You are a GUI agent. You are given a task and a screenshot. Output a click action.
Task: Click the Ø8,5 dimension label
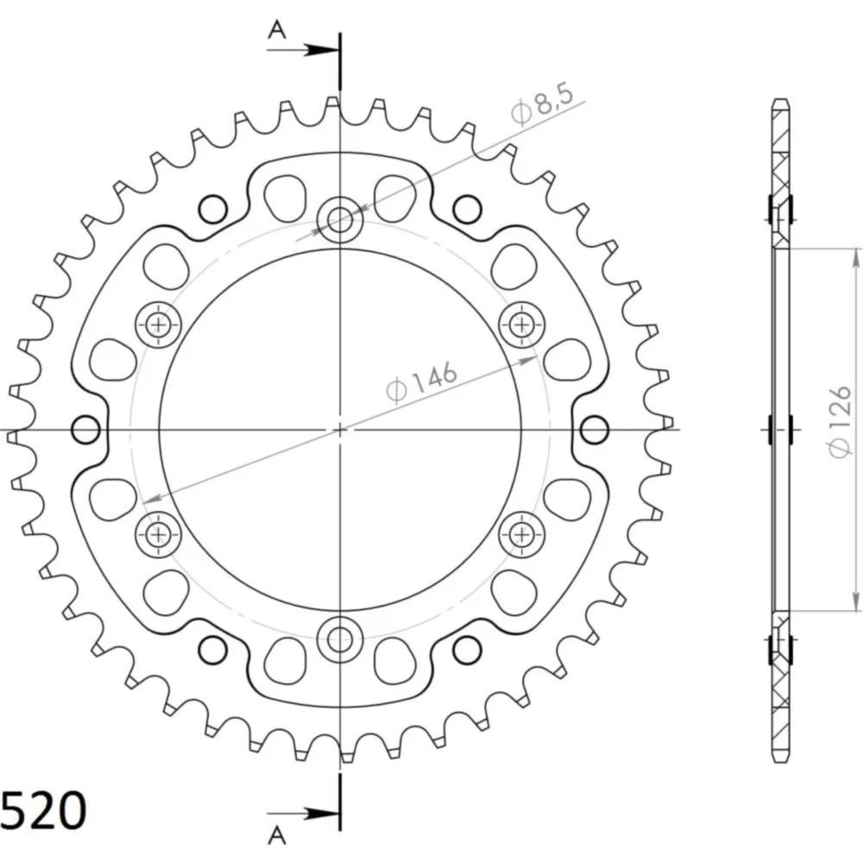[x=542, y=104]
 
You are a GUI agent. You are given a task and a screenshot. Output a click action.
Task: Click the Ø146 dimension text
[x=421, y=381]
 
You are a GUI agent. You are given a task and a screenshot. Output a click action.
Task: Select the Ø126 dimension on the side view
[x=840, y=422]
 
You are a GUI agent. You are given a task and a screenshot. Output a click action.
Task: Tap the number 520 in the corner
[x=43, y=810]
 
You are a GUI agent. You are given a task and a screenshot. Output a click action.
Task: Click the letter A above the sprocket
[x=277, y=29]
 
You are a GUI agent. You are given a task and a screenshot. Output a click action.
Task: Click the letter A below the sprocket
[x=277, y=835]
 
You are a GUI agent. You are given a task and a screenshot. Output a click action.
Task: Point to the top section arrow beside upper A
[x=302, y=51]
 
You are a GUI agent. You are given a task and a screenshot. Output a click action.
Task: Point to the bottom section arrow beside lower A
[x=302, y=813]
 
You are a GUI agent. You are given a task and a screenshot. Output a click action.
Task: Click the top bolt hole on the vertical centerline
[x=340, y=220]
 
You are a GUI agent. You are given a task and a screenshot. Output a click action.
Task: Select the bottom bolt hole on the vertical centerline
[x=340, y=639]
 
